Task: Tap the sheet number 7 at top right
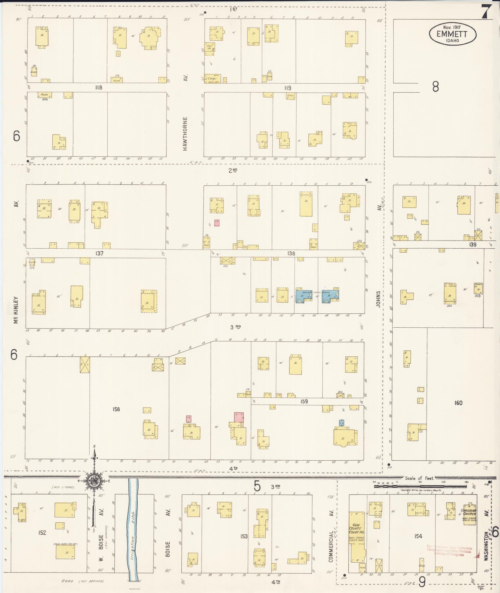(x=486, y=12)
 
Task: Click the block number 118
(x=99, y=88)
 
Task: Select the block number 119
(x=288, y=88)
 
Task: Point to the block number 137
(x=99, y=254)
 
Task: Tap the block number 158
(x=116, y=409)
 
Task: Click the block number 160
(x=458, y=403)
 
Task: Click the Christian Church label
(x=469, y=512)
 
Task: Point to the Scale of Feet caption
(x=419, y=478)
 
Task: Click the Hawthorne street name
(x=185, y=134)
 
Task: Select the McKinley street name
(x=16, y=310)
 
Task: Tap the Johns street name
(x=378, y=299)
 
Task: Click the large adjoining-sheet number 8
(x=436, y=87)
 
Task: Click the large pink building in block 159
(x=239, y=416)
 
